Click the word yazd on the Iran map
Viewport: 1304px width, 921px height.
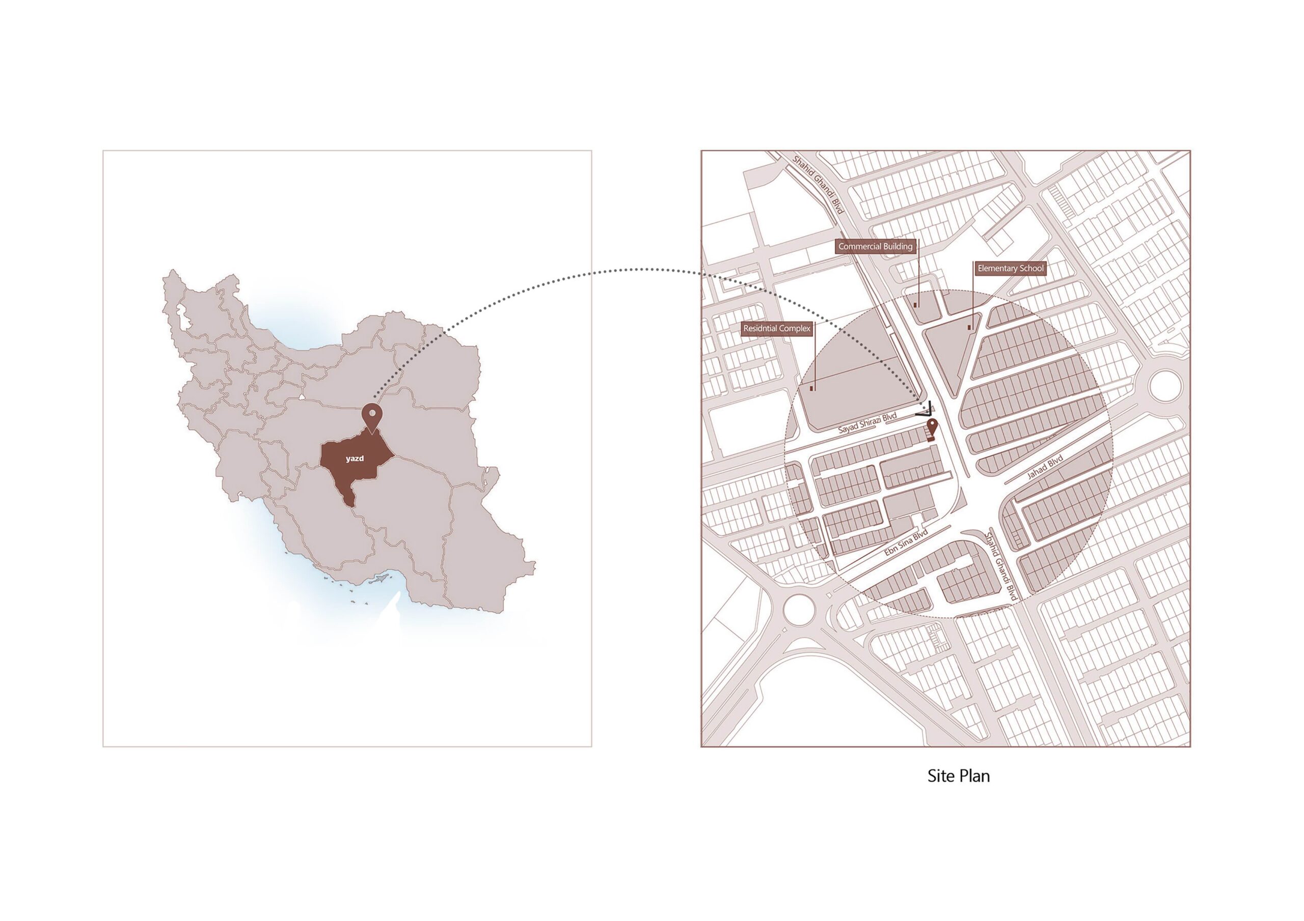click(355, 458)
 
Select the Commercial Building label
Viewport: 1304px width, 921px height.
click(875, 246)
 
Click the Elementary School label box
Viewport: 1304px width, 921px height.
click(1011, 268)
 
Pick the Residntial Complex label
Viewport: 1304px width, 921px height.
click(776, 329)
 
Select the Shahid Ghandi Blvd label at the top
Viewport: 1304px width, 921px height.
click(819, 184)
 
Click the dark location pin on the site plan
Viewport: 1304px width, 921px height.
click(932, 429)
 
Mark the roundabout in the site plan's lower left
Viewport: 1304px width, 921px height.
click(800, 609)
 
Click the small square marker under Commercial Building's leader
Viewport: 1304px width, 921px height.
click(915, 305)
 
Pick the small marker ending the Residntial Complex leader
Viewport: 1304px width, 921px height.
click(812, 389)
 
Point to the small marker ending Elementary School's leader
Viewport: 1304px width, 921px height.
click(970, 327)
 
